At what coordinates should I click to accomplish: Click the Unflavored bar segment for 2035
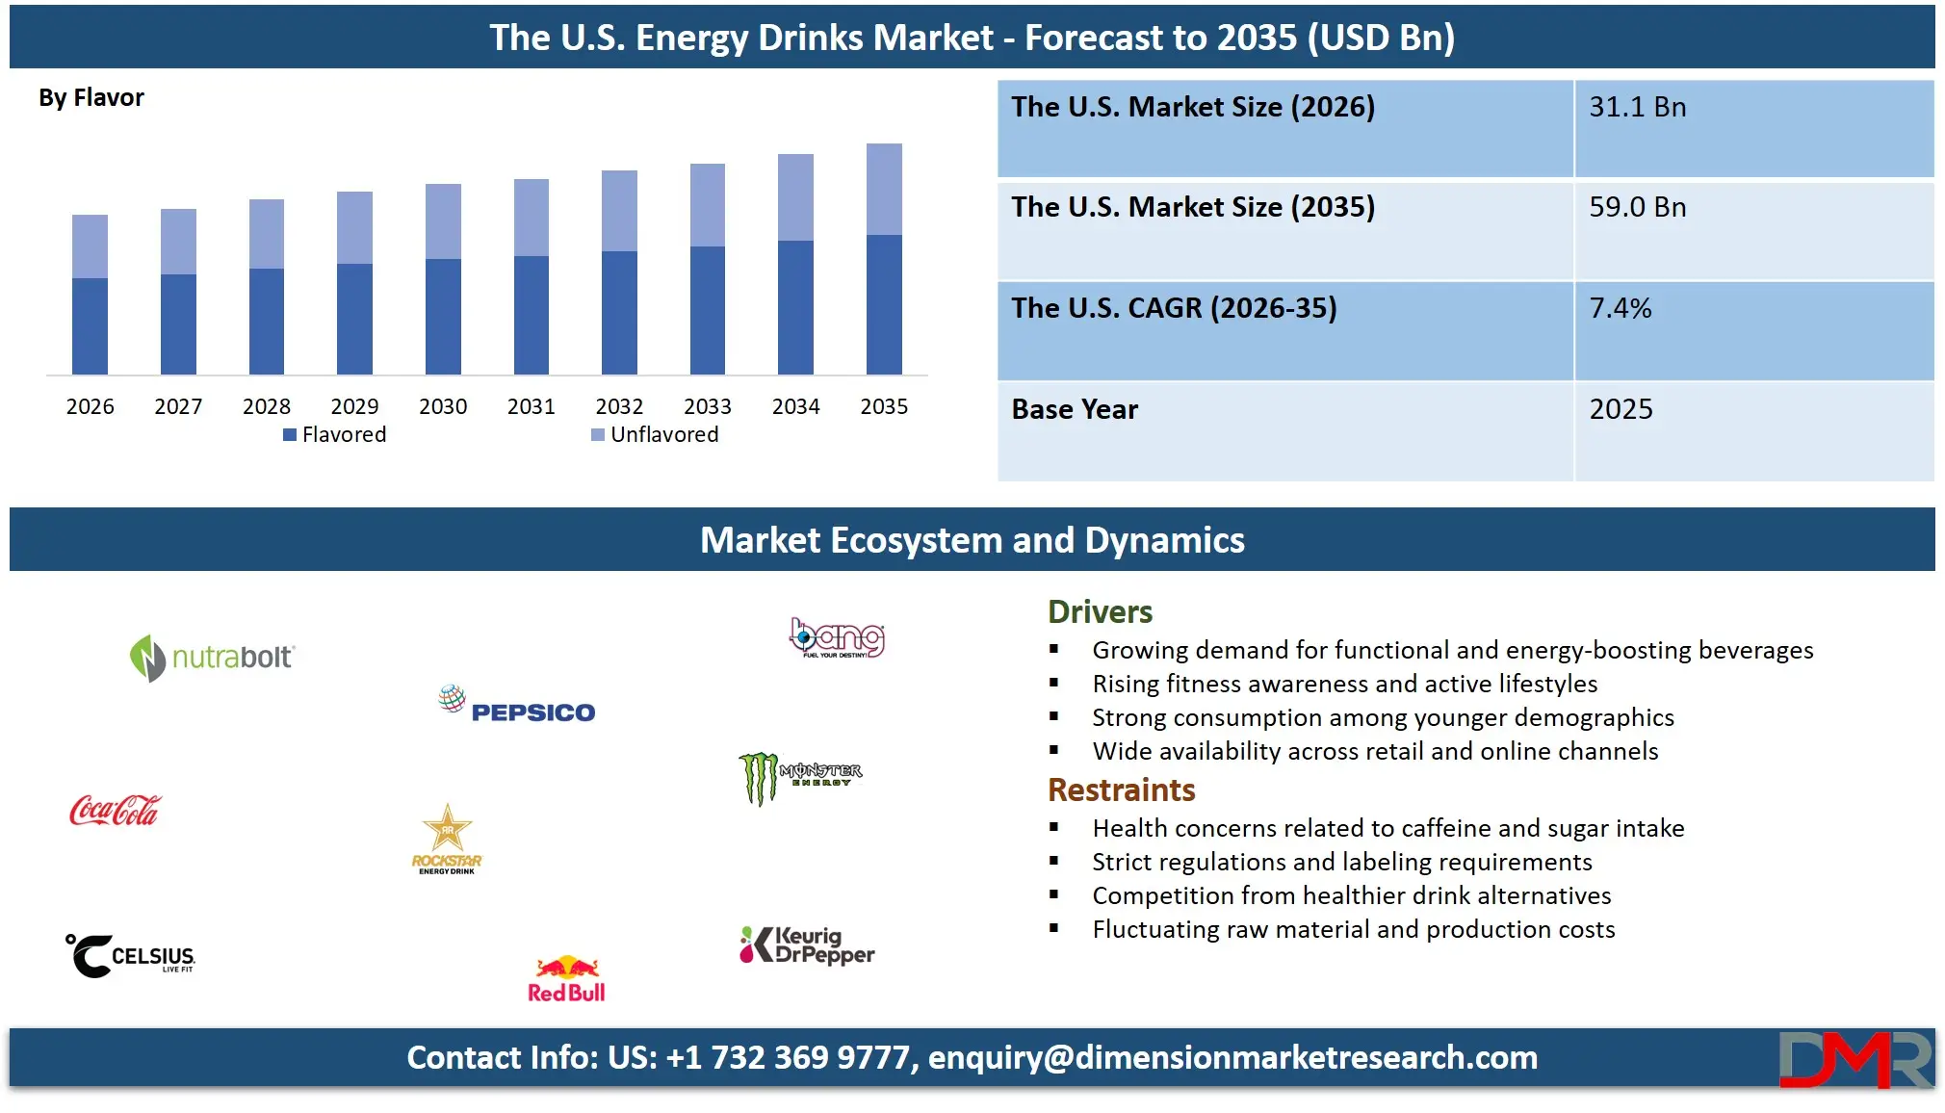[x=884, y=190]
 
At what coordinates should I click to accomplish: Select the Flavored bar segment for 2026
[x=90, y=325]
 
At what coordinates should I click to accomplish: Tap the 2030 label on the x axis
[x=443, y=406]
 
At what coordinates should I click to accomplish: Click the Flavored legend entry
[x=335, y=434]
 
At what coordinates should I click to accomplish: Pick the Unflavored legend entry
[x=655, y=434]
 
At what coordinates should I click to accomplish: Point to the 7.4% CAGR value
[x=1621, y=308]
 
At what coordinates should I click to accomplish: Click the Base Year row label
[x=1075, y=410]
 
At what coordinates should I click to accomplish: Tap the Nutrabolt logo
[x=212, y=658]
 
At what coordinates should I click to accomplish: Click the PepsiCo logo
[x=517, y=707]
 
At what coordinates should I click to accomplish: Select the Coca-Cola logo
[x=116, y=811]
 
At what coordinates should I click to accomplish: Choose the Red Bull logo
[x=567, y=979]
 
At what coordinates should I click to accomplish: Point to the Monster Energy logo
[x=800, y=777]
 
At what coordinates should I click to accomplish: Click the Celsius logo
[x=130, y=955]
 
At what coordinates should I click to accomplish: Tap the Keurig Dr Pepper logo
[x=807, y=945]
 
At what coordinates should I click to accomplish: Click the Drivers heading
[x=1100, y=612]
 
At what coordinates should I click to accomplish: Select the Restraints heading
[x=1121, y=790]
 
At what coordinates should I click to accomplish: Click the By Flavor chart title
[x=91, y=98]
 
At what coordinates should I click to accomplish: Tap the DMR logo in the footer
[x=1854, y=1059]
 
